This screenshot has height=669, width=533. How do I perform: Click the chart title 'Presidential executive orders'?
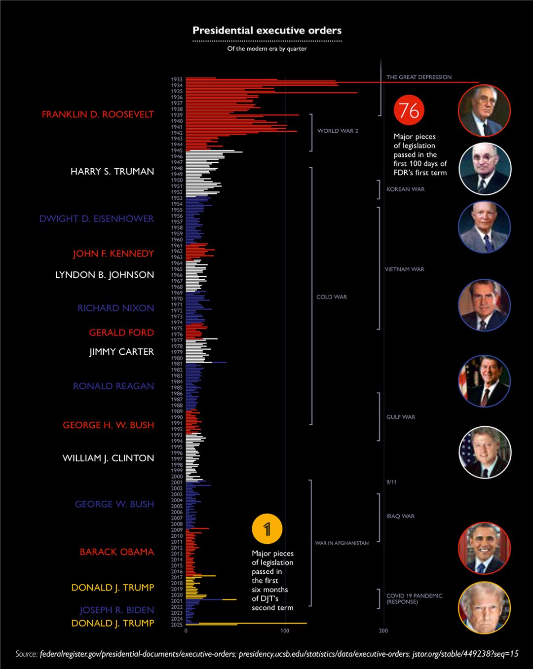coord(266,31)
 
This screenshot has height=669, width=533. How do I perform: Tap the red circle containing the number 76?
coord(409,111)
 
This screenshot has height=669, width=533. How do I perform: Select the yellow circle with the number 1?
coord(266,529)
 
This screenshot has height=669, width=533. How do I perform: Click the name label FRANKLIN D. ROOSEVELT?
coord(98,114)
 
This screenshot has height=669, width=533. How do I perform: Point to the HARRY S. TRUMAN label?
coord(112,172)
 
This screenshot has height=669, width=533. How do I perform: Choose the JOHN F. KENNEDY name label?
coord(114,254)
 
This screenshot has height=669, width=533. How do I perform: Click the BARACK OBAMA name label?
coord(117,552)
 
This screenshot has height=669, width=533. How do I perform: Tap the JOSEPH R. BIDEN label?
coord(117,610)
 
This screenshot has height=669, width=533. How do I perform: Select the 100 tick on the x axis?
coord(285,631)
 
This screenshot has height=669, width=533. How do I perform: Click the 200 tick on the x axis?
coord(383,631)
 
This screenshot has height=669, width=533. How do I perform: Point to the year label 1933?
coord(177,79)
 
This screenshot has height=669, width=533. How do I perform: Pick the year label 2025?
coord(177,625)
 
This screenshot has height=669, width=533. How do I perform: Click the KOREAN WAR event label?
coord(405,189)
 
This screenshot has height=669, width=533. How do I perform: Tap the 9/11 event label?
coord(391,482)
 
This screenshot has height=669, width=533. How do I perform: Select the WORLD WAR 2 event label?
coord(338,131)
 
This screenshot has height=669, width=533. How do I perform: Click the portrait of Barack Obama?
coord(484,548)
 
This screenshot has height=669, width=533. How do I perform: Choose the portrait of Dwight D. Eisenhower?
coord(484,227)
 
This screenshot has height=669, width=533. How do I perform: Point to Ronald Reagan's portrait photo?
coord(484,381)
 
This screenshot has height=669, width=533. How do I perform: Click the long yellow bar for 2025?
coord(252,623)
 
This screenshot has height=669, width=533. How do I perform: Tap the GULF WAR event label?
coord(401,417)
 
